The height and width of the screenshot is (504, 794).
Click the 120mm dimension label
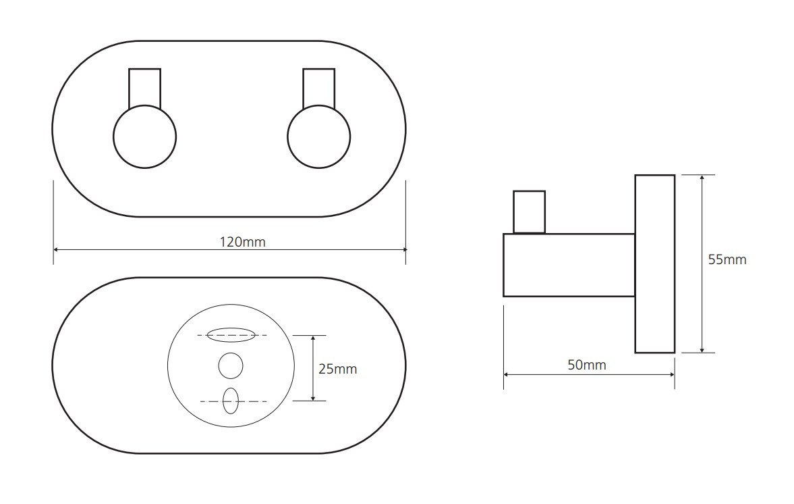[x=242, y=242]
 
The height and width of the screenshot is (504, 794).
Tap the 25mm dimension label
[x=337, y=369]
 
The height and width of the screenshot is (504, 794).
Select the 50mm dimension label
[x=586, y=365]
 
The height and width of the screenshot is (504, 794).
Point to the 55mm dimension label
[x=727, y=259]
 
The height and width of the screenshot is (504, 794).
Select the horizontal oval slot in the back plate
[x=231, y=334]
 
